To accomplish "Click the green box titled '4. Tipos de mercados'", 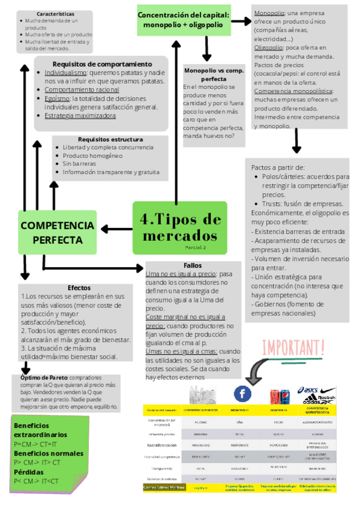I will click(179, 227).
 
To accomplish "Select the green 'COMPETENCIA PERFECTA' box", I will click(57, 232).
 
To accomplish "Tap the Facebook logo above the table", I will click(242, 394).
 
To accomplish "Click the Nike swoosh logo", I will click(328, 390).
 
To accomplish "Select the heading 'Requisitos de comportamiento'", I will click(102, 64).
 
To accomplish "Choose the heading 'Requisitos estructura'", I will click(110, 139).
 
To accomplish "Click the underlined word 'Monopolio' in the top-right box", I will click(269, 13).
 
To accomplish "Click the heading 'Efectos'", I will click(79, 288).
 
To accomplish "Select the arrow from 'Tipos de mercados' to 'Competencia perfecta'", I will click(116, 228).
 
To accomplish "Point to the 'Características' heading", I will click(55, 13).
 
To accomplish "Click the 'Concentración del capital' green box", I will click(183, 20).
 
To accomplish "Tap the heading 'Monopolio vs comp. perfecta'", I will click(213, 74).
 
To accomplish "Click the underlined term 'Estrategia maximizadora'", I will click(80, 115).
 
